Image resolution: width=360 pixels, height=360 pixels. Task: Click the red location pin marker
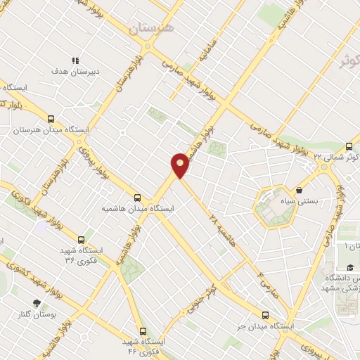(x=181, y=165)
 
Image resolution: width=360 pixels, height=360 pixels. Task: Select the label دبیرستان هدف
(x=75, y=72)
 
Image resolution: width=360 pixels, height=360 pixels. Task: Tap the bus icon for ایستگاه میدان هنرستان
(x=50, y=119)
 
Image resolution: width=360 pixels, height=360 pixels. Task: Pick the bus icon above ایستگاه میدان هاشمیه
(x=137, y=198)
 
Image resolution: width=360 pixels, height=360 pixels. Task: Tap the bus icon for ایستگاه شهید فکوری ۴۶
(x=143, y=330)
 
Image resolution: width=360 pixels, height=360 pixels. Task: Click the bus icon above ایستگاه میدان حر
(x=265, y=315)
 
